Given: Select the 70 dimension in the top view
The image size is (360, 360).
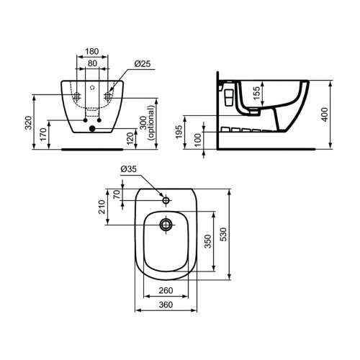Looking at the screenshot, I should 116,194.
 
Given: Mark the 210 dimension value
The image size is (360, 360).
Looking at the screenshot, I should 104,207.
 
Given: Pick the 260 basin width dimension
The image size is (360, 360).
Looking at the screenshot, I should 166,291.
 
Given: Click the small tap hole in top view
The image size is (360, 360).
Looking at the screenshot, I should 166,199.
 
